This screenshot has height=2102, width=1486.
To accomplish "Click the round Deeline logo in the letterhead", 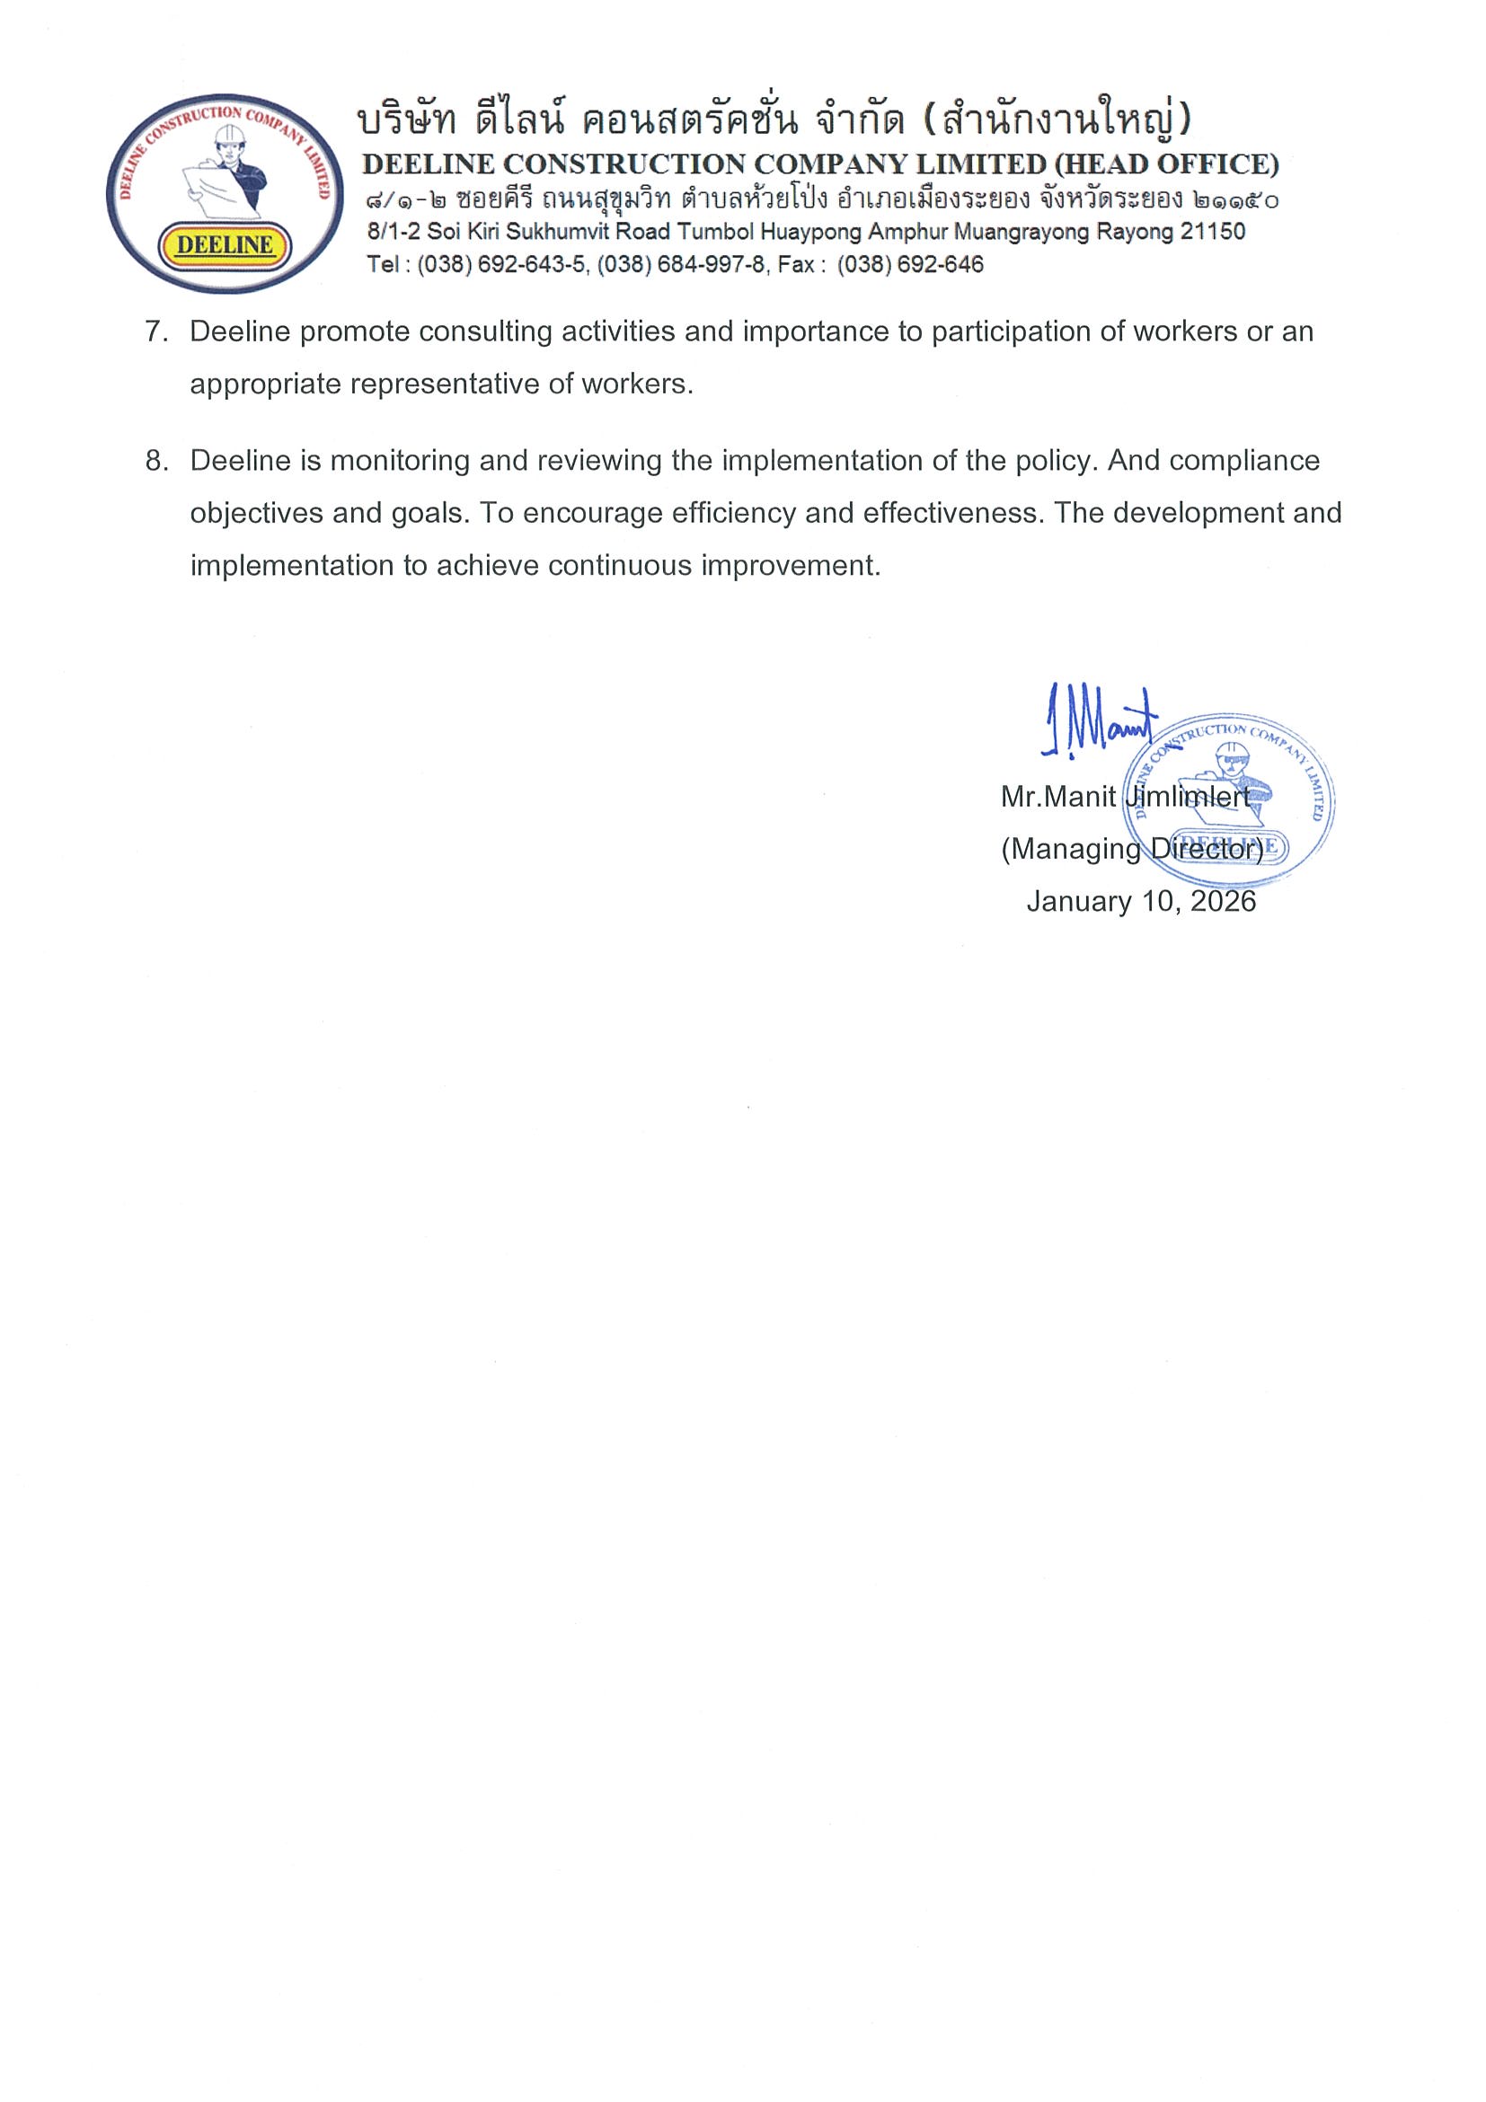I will point(225,193).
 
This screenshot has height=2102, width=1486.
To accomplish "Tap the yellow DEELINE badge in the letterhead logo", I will point(225,244).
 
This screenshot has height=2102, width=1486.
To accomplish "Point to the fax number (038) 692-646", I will point(910,265).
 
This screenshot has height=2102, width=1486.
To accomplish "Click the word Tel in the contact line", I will point(383,265).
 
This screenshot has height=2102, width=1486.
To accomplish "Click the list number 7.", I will point(155,331).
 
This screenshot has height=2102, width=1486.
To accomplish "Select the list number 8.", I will point(155,461).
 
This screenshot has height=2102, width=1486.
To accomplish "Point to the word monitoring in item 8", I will point(400,461).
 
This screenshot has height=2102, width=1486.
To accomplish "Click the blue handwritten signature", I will point(1098,720).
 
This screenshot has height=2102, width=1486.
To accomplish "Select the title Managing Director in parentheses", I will point(1132,850).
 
